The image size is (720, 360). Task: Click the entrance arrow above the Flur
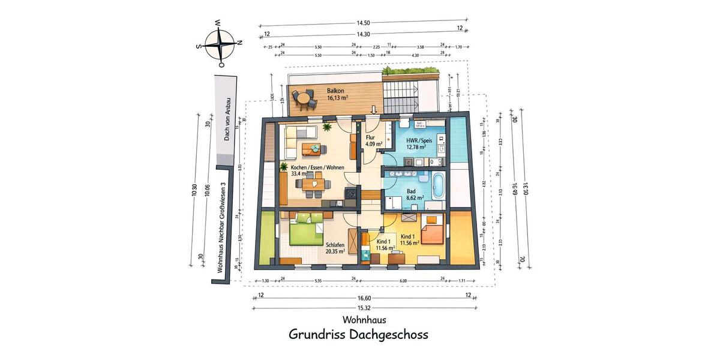point(373,110)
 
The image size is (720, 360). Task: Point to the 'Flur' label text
point(371,137)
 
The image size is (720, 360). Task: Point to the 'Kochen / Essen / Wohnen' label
point(317,168)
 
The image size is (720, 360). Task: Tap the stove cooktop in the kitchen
point(350,194)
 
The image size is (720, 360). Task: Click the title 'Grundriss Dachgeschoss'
point(358,334)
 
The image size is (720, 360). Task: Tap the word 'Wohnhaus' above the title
point(364,320)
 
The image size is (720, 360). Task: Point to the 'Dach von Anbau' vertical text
point(227,119)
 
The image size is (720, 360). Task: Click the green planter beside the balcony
point(411,71)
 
